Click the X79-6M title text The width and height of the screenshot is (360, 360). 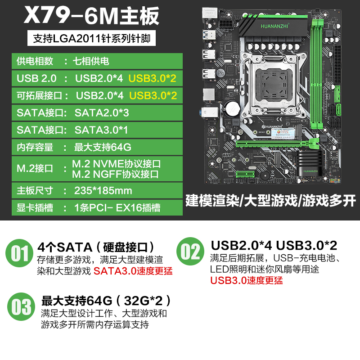pos(91,16)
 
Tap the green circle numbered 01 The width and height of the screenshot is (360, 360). pos(19,253)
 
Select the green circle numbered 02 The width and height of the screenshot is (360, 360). pos(190,251)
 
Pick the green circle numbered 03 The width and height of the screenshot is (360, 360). pos(21,306)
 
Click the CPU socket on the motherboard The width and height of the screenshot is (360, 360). pos(273,84)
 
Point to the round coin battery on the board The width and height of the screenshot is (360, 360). pos(232,108)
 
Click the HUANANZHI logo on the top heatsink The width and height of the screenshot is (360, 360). pos(274,26)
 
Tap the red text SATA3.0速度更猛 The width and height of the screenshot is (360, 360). pos(133,271)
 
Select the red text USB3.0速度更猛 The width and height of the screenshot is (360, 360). pos(246,280)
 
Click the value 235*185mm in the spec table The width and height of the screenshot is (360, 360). pos(103,190)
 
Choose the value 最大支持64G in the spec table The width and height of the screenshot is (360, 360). pos(103,147)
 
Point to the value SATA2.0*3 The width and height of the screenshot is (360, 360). pos(102,113)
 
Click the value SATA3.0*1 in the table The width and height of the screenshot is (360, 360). pos(101,130)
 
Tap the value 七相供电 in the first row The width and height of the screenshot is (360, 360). pos(91,61)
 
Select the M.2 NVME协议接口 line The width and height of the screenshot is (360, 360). pos(117,164)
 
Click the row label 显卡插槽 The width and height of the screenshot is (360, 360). pos(35,208)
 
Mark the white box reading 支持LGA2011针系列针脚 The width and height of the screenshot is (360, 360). pos(91,38)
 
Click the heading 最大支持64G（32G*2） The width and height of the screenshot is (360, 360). pos(106,301)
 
